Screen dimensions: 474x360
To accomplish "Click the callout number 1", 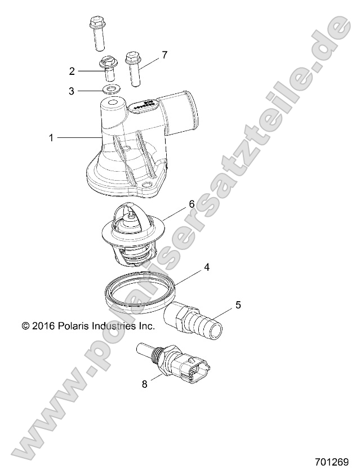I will click(x=51, y=137).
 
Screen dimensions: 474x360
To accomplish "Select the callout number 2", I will click(x=72, y=71).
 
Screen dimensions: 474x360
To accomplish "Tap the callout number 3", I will click(x=72, y=91).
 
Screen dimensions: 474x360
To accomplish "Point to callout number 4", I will click(x=207, y=267).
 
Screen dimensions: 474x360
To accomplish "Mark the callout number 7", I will click(x=165, y=55).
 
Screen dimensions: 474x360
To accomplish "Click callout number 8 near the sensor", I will click(x=145, y=384).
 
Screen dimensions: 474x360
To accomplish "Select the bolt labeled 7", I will click(x=134, y=68).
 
